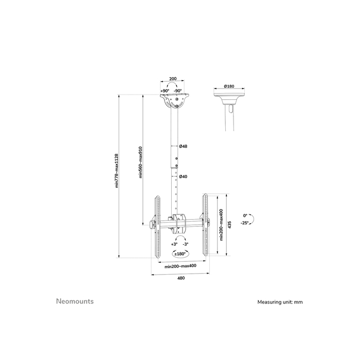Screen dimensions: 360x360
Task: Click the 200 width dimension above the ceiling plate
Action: tap(173, 79)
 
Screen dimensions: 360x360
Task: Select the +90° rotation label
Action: tap(165, 91)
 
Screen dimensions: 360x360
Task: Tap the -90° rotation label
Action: tap(177, 91)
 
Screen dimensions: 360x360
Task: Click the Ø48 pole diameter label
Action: tap(183, 147)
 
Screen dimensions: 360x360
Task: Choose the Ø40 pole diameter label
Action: tap(183, 176)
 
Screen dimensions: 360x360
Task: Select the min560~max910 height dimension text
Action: tap(140, 163)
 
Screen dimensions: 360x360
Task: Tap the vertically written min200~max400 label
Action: tap(221, 225)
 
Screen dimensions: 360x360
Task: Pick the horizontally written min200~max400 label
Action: tap(180, 266)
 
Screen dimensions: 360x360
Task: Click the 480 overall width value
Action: tap(181, 278)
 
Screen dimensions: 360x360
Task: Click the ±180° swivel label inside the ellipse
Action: tap(179, 254)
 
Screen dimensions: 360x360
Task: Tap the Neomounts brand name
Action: tap(75, 301)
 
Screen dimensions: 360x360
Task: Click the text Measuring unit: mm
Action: tap(280, 302)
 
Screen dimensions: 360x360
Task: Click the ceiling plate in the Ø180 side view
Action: tap(230, 96)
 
